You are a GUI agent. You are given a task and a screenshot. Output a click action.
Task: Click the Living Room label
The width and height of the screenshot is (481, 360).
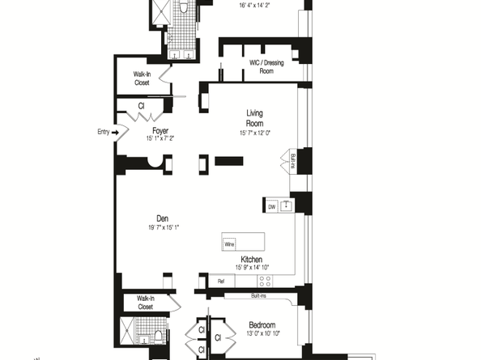256,118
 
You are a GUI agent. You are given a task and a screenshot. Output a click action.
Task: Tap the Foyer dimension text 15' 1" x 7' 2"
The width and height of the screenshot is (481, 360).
160,138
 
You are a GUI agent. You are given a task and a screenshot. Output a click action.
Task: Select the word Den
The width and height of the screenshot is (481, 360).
162,217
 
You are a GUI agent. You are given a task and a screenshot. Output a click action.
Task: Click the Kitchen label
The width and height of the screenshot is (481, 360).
250,259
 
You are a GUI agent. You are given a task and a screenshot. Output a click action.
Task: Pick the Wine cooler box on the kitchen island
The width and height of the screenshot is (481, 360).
229,243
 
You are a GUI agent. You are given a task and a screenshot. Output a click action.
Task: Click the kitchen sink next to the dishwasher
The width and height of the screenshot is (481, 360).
285,205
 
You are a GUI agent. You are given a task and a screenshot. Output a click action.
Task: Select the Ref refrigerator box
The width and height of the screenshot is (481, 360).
220,281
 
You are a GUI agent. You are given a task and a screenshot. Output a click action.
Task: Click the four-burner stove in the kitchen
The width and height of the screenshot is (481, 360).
264,281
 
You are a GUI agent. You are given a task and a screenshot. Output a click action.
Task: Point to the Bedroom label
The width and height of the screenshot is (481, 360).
263,326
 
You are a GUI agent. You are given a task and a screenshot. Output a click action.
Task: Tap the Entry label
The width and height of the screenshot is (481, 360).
102,131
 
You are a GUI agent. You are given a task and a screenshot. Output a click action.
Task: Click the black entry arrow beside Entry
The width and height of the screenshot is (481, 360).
116,131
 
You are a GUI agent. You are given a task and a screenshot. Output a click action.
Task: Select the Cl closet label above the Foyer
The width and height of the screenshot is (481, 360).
141,105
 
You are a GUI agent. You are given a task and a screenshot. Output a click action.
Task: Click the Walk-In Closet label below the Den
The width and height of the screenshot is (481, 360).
146,303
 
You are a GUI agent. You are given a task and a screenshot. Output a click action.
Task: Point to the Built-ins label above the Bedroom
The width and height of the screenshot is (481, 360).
257,295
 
